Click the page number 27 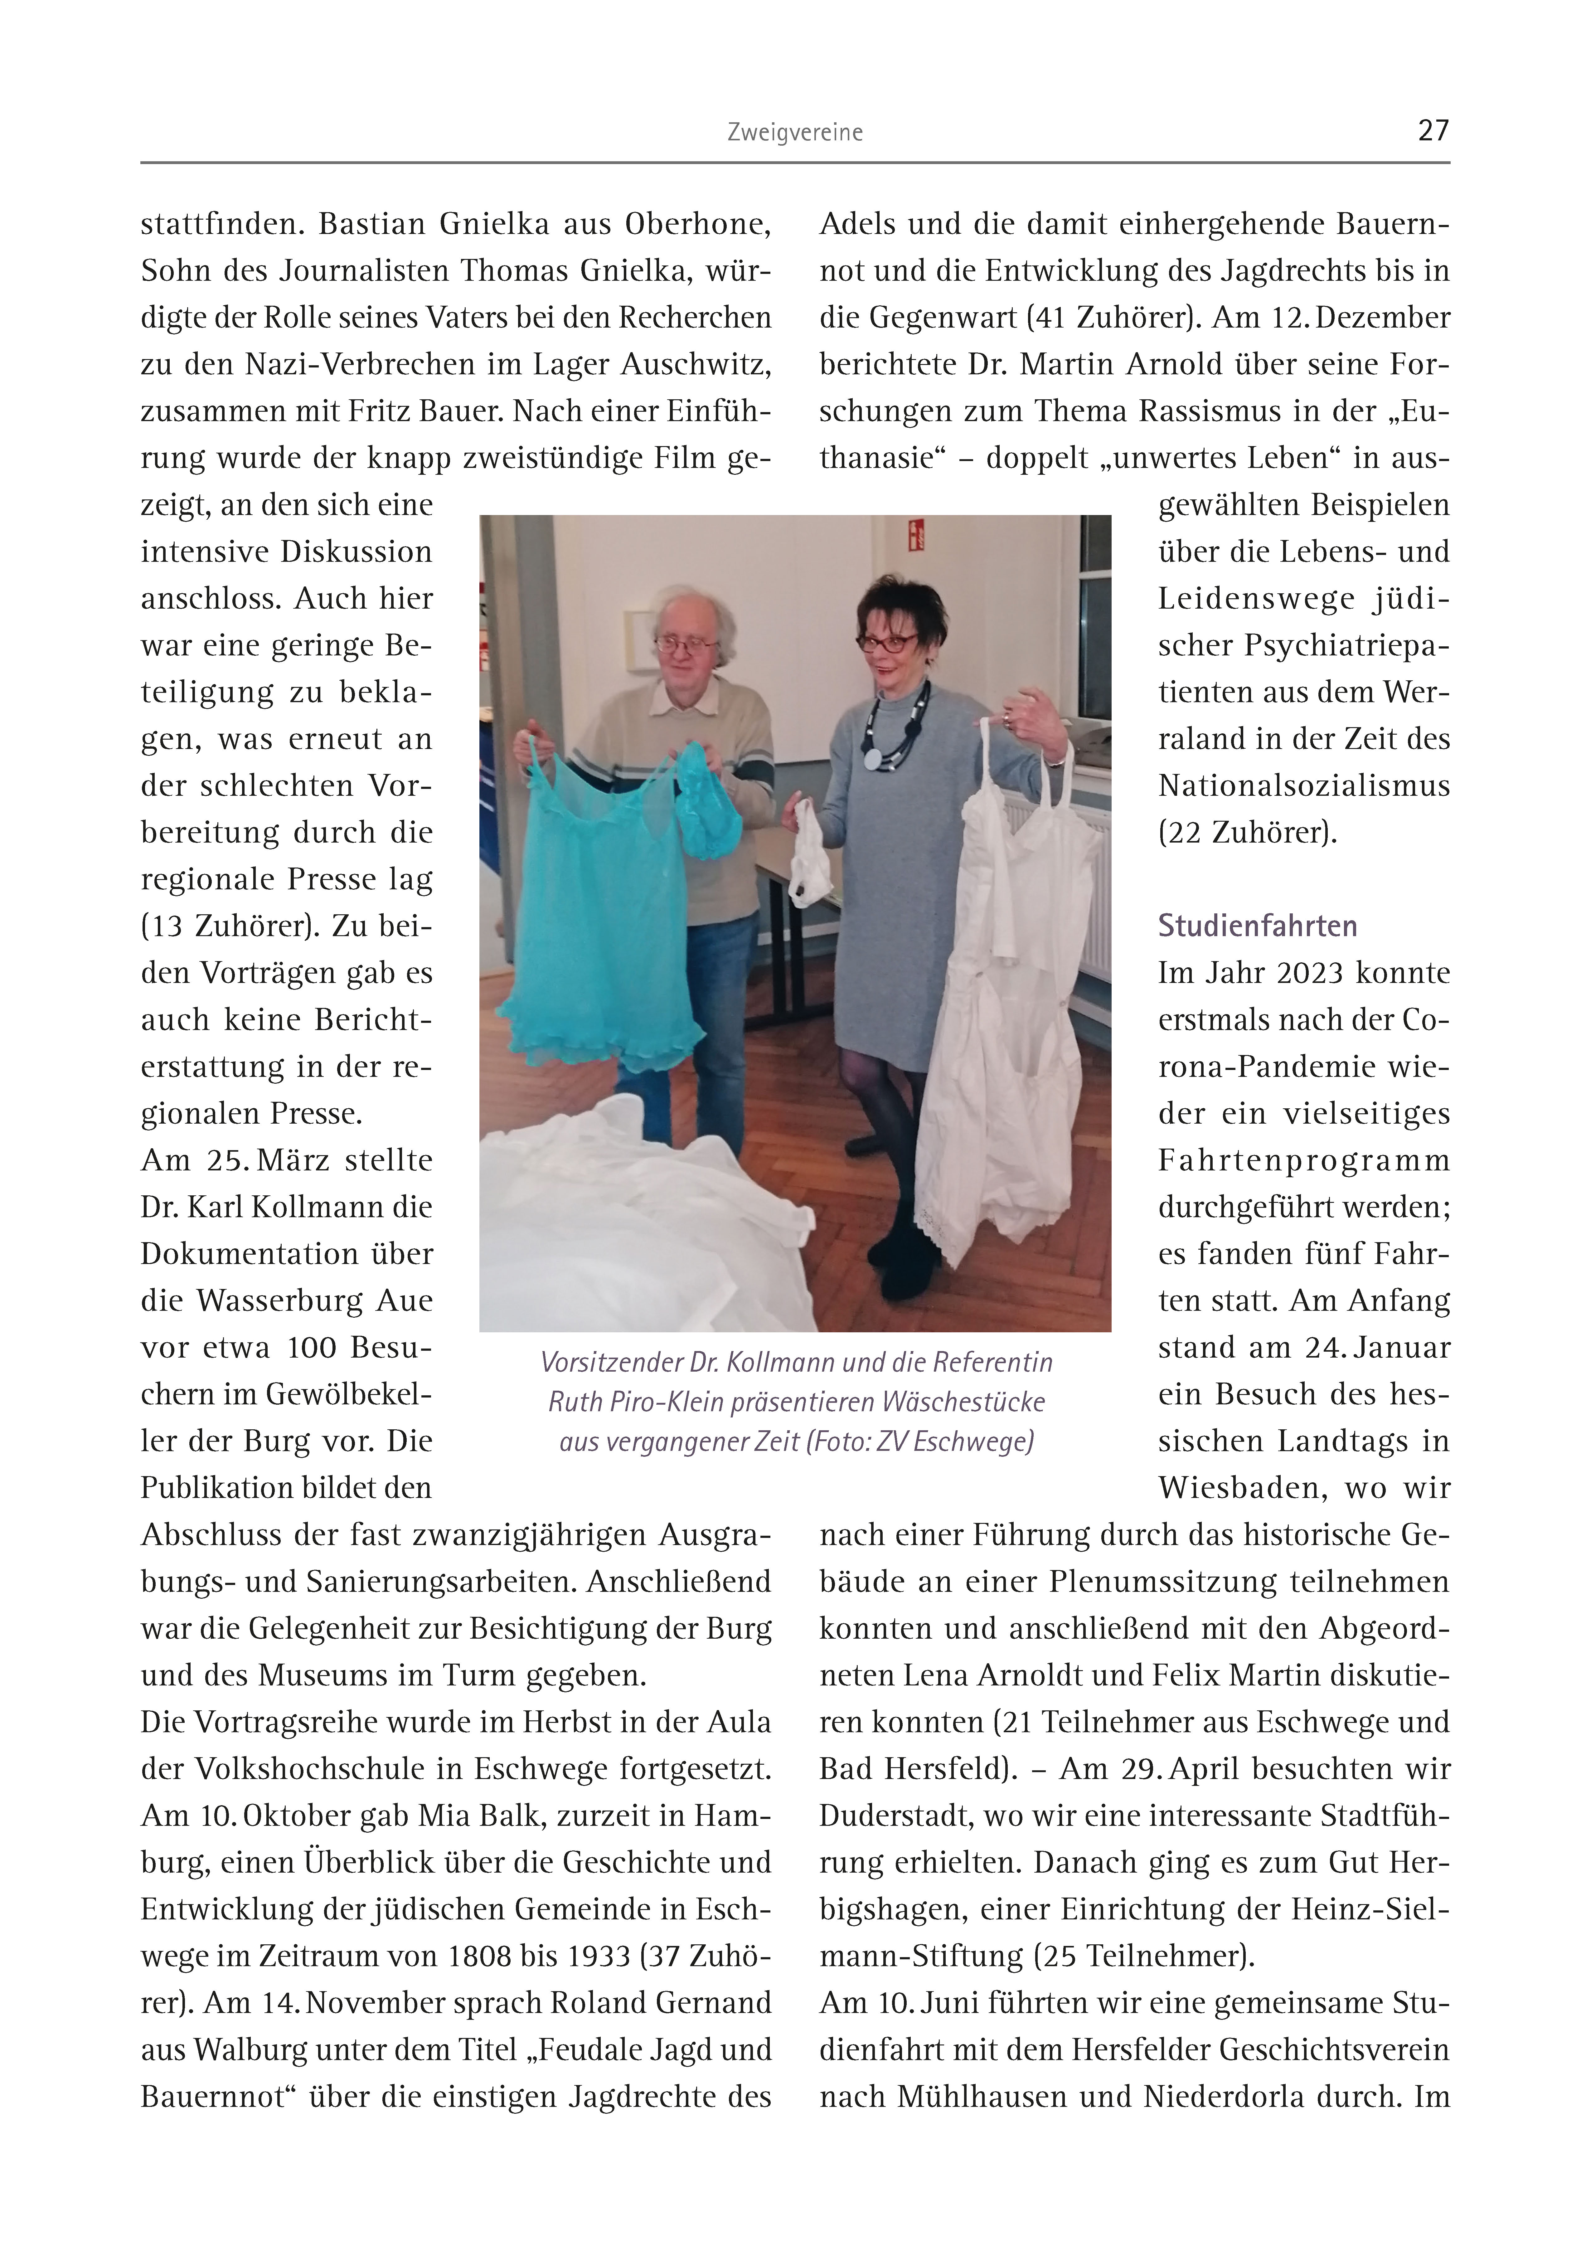(x=1432, y=130)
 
